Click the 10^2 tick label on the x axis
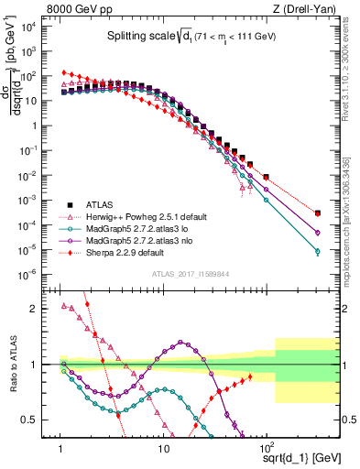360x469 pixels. tap(267, 440)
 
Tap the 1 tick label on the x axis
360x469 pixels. tap(60, 440)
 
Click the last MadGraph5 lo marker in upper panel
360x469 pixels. tap(318, 251)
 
